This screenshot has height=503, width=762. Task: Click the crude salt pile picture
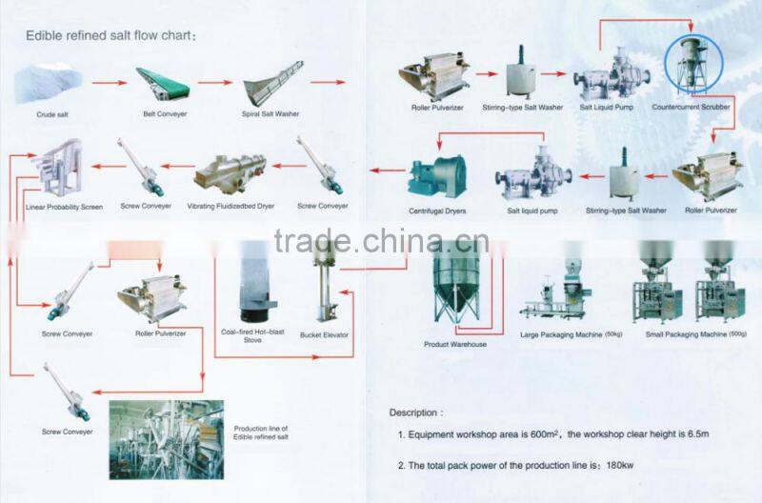tap(49, 83)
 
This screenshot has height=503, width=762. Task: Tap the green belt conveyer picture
tap(162, 84)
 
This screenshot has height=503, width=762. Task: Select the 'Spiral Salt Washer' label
tap(271, 113)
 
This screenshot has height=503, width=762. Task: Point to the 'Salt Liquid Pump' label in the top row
tap(607, 107)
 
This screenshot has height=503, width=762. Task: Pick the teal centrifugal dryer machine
tap(437, 176)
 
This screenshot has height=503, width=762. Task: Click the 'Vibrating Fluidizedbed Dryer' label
tap(231, 206)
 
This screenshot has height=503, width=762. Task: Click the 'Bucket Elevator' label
tap(324, 334)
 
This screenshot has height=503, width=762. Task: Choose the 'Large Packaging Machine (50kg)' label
tap(571, 334)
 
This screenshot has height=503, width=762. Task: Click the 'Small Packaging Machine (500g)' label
tap(696, 334)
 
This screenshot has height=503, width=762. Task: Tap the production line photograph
tap(167, 439)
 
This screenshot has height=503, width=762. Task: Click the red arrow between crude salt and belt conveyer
tap(110, 83)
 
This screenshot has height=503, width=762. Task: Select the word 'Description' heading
tap(413, 412)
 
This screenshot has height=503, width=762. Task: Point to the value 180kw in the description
tap(620, 466)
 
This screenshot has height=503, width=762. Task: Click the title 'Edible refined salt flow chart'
tap(109, 35)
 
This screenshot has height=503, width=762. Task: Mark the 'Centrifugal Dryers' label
tap(437, 211)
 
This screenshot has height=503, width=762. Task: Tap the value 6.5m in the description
tap(698, 434)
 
